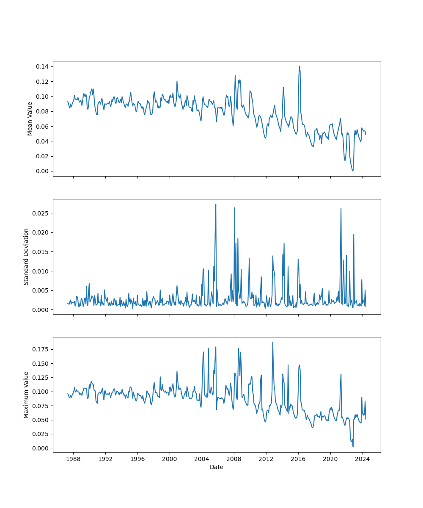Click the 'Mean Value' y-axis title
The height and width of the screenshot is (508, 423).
pyautogui.click(x=30, y=119)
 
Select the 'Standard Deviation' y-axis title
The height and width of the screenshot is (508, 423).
pyautogui.click(x=26, y=257)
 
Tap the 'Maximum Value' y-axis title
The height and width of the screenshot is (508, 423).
pyautogui.click(x=26, y=395)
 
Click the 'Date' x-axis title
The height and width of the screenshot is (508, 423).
pyautogui.click(x=217, y=467)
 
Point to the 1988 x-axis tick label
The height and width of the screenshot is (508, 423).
pyautogui.click(x=73, y=459)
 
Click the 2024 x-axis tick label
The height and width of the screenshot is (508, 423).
pyautogui.click(x=362, y=459)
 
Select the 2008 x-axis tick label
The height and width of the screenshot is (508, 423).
pyautogui.click(x=234, y=459)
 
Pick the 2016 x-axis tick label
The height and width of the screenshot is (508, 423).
pyautogui.click(x=298, y=459)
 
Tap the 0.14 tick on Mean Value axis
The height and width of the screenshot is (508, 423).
pyautogui.click(x=41, y=66)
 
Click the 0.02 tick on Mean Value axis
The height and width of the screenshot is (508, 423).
pyautogui.click(x=41, y=156)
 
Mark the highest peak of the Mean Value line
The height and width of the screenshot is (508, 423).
pyautogui.click(x=299, y=66)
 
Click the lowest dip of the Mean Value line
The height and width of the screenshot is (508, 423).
pyautogui.click(x=352, y=171)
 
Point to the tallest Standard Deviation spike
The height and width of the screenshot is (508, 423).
pyautogui.click(x=216, y=204)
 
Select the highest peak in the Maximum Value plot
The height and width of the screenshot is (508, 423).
pyautogui.click(x=272, y=342)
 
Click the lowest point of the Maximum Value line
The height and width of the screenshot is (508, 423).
pyautogui.click(x=353, y=447)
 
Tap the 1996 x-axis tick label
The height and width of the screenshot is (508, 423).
pyautogui.click(x=137, y=459)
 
